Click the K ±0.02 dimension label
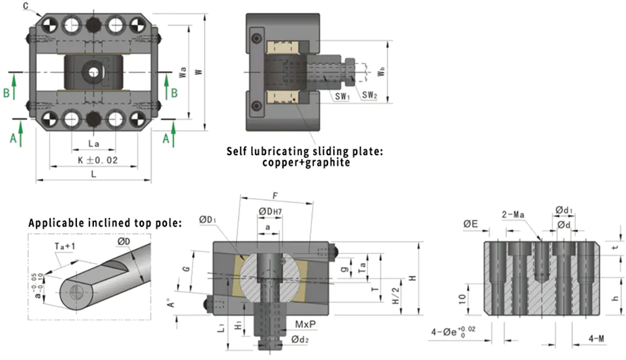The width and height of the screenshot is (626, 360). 98,160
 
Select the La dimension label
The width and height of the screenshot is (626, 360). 92,144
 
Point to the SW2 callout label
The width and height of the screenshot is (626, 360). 371,95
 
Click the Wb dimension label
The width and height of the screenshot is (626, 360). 382,73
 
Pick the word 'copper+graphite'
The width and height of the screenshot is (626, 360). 306,163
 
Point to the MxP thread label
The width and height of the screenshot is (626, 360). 305,326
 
